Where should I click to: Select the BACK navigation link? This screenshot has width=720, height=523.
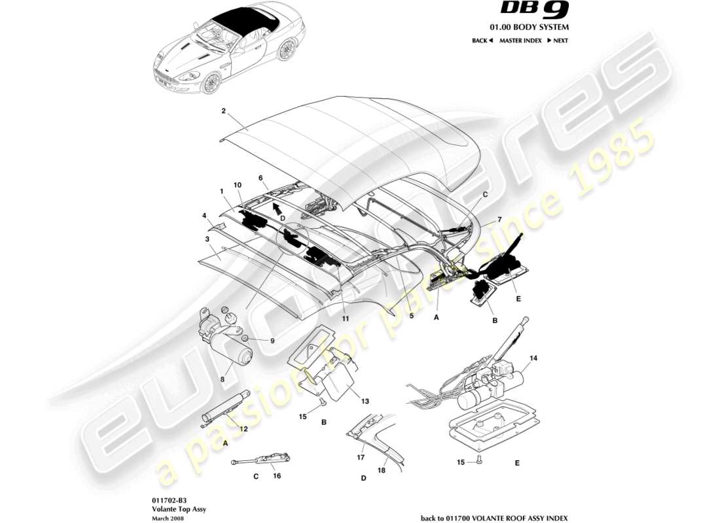pyautogui.click(x=482, y=41)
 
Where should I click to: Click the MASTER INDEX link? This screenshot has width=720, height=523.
pyautogui.click(x=520, y=41)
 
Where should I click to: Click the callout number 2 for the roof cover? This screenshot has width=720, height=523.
pyautogui.click(x=223, y=111)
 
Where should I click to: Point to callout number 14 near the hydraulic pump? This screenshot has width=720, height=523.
pyautogui.click(x=533, y=358)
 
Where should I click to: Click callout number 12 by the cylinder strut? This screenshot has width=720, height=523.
pyautogui.click(x=243, y=429)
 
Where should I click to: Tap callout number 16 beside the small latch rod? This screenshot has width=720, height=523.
pyautogui.click(x=277, y=476)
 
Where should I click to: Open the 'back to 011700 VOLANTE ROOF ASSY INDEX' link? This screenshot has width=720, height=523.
pyautogui.click(x=494, y=518)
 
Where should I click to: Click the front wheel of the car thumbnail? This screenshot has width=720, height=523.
pyautogui.click(x=211, y=83)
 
